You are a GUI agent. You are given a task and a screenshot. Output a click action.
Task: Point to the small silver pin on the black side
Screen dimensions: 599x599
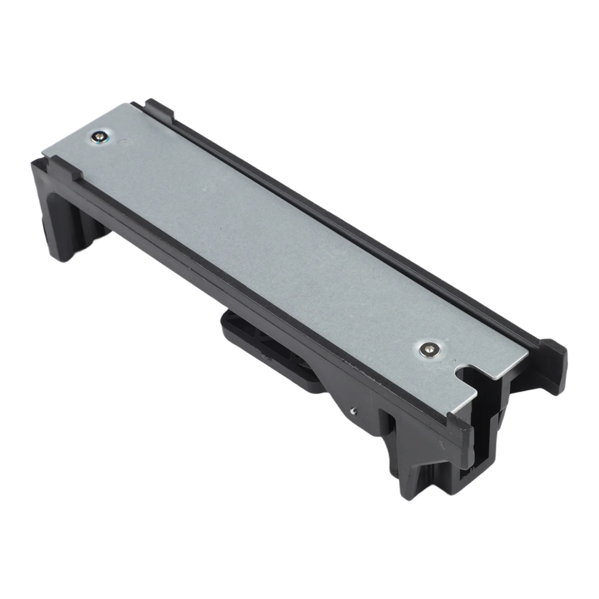(x=353, y=410)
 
